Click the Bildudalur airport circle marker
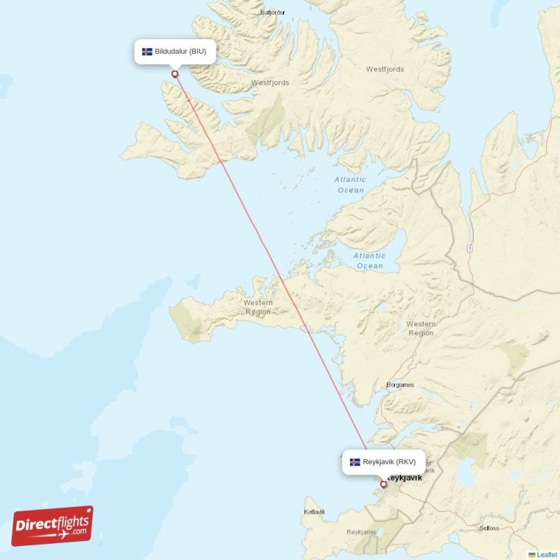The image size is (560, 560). [x=174, y=73]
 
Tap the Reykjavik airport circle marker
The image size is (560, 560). [x=383, y=484]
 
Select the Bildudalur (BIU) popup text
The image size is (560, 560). [x=181, y=52]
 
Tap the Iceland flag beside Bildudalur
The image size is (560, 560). [x=147, y=52]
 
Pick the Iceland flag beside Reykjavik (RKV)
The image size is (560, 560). [x=356, y=462]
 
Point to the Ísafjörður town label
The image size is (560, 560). [x=274, y=13]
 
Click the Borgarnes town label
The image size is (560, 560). [x=400, y=385]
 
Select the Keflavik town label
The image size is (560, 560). [x=314, y=512]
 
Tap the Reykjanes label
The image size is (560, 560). [x=361, y=532]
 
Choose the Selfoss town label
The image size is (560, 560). [x=488, y=527]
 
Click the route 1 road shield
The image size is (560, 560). [x=470, y=248]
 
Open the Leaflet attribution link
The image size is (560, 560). [x=547, y=554]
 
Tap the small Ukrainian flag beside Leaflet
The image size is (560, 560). [x=532, y=554]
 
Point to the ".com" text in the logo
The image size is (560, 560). [x=78, y=531]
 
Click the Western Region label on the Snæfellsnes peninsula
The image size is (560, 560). [x=258, y=307]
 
